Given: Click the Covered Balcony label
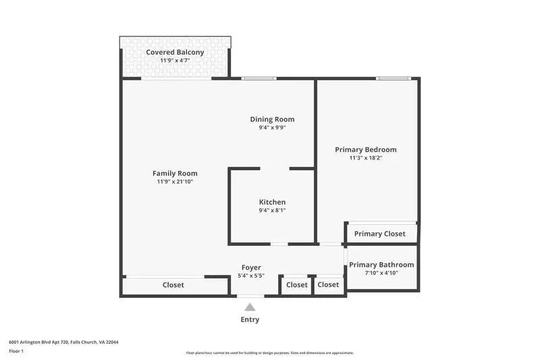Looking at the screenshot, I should coord(175,52).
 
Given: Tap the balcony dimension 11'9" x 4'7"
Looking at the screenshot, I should coord(175,61).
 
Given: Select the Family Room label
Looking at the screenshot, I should coord(175,173).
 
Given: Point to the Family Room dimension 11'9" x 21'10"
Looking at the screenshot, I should coord(175,182).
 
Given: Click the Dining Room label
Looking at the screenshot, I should coord(272,119).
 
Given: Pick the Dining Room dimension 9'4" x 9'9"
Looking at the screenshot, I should coord(272,128).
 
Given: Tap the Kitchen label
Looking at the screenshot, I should coord(272,202).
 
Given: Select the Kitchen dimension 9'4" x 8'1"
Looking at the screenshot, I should coord(272,211).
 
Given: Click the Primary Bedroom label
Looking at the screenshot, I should coord(366,149).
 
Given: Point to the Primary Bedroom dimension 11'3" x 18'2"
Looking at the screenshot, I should coord(366,158).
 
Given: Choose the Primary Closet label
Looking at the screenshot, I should coord(380,234).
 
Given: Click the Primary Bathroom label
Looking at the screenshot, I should coord(381,265).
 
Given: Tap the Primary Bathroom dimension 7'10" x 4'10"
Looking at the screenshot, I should coord(381,274).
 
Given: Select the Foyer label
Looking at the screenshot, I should coord(251,267).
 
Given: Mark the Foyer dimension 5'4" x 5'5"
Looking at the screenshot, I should coord(251,276).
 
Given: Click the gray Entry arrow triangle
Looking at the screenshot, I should coord(250,307).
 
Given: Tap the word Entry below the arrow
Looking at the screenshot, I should coord(250,319).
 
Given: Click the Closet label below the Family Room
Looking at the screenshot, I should coord(173,285).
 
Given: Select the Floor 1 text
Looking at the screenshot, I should coord(16,351).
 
